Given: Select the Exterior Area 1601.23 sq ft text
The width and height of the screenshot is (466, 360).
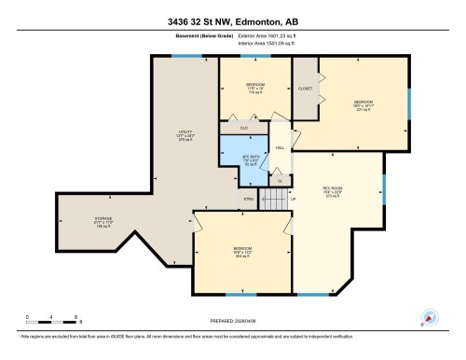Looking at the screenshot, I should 260,35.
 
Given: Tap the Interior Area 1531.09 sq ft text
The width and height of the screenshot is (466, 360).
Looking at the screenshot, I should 260,44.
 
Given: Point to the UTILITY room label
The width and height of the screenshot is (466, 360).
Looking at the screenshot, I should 185,134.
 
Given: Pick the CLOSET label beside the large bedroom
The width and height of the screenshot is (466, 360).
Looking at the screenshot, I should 305,90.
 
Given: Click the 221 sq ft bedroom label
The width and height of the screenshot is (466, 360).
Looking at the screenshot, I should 363,104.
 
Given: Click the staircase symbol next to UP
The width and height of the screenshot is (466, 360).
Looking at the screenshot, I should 275,198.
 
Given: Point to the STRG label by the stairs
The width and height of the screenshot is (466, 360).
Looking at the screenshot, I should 248,199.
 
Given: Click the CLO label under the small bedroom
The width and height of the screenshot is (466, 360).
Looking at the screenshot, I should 244,127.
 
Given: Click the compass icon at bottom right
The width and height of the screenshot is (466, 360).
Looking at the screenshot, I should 430,317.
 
